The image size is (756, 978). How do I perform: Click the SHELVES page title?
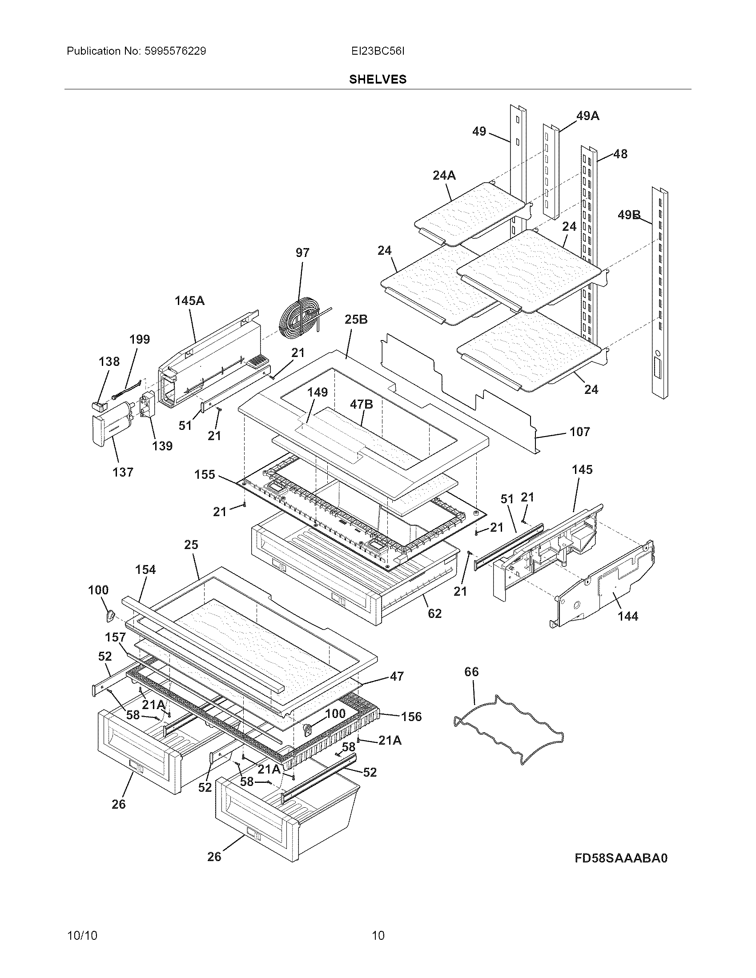point(378,79)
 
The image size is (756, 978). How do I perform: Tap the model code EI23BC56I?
point(378,51)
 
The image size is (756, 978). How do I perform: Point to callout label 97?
point(302,253)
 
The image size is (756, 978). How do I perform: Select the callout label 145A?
point(189,301)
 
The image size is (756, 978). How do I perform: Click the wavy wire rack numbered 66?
point(508,729)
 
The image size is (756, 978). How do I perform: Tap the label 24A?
point(444,176)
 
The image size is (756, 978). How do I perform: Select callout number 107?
point(579,432)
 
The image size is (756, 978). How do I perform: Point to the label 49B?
point(629,215)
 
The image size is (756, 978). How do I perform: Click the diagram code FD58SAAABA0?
point(621,858)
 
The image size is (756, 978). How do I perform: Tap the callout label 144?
point(627,616)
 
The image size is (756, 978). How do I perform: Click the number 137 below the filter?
point(123,472)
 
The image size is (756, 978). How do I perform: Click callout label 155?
point(205,474)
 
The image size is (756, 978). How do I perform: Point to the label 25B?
point(356,320)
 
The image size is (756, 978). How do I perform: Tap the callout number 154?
point(145,569)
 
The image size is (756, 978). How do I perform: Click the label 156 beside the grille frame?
point(411,717)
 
